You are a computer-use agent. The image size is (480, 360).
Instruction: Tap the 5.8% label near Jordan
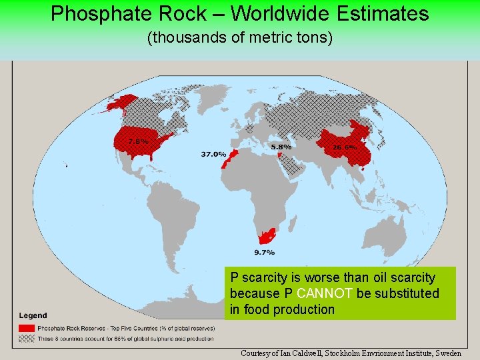281,147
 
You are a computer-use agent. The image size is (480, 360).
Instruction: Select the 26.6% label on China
345,147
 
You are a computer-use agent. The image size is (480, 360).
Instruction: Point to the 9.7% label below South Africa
264,252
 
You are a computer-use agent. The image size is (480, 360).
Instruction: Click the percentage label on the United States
137,141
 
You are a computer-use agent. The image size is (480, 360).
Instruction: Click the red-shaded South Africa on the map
267,237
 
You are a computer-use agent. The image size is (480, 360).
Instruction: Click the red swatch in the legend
27,328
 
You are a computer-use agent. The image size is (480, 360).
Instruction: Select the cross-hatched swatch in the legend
27,338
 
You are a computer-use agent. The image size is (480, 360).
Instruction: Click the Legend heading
33,315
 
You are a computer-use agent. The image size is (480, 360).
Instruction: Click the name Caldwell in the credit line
305,353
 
